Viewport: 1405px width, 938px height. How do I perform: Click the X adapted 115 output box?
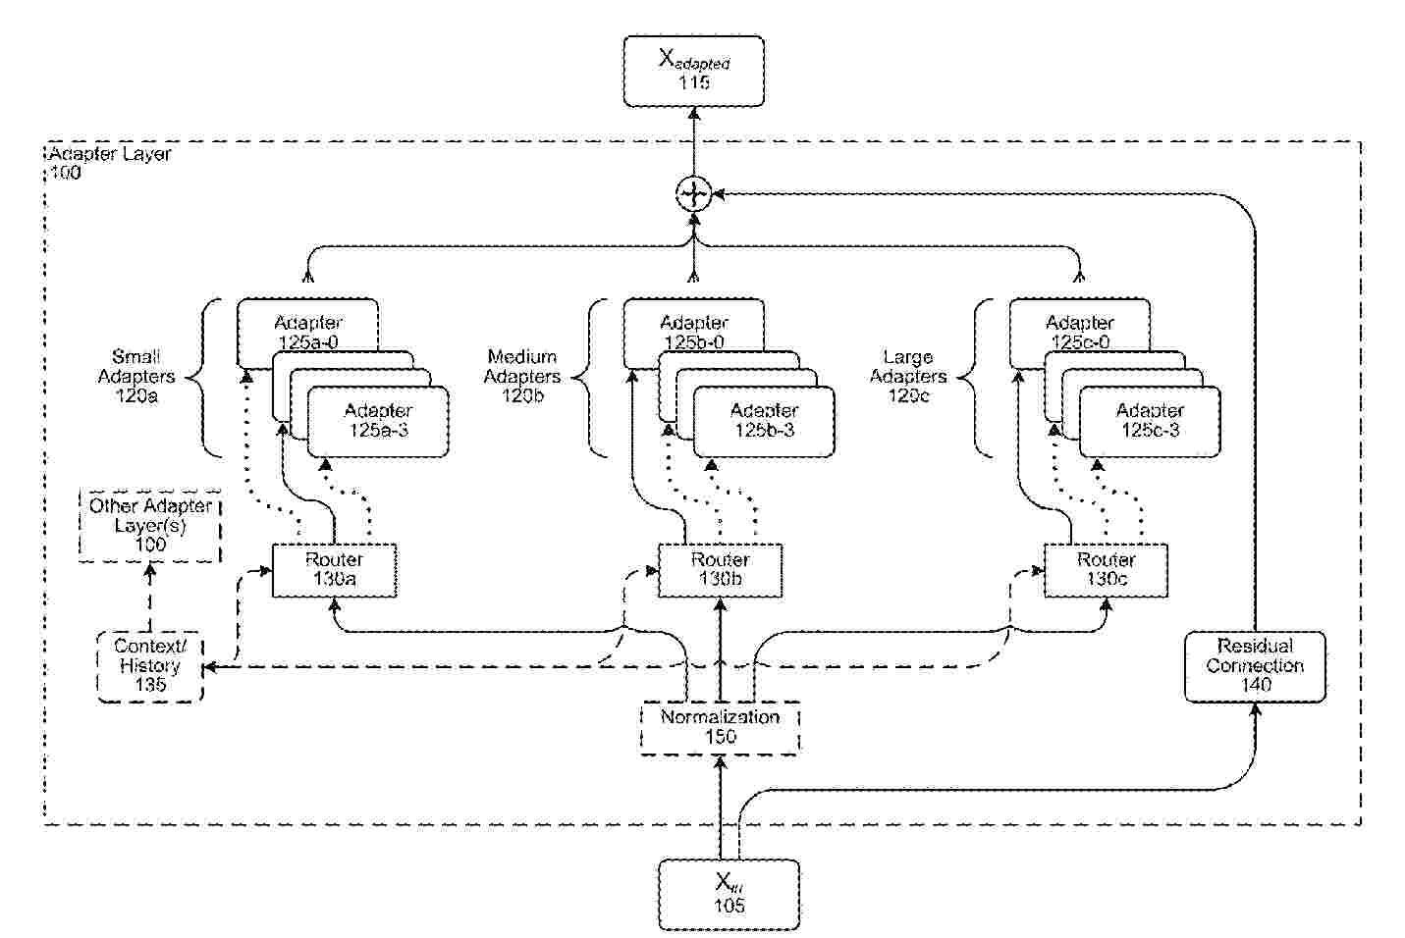click(x=693, y=71)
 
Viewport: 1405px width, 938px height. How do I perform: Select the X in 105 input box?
click(x=728, y=894)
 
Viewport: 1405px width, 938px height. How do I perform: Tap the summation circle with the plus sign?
click(x=693, y=193)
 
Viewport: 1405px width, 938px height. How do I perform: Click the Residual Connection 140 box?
click(x=1255, y=666)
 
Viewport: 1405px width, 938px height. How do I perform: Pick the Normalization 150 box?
click(x=720, y=727)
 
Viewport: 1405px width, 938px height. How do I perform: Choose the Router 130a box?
click(x=334, y=570)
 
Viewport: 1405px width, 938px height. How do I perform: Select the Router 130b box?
click(x=720, y=570)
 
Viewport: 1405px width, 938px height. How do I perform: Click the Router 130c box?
click(x=1106, y=570)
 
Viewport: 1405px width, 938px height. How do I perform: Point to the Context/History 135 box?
click(x=150, y=666)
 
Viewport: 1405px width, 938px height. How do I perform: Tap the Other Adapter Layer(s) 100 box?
click(x=150, y=526)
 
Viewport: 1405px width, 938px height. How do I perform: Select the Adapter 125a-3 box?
click(x=378, y=421)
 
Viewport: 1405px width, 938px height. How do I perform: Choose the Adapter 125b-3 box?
click(x=764, y=421)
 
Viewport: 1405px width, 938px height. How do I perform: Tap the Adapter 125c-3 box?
click(x=1150, y=421)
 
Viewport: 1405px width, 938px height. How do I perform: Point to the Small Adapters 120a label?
click(x=136, y=377)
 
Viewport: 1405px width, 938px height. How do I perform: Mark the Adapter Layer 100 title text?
click(x=109, y=163)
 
